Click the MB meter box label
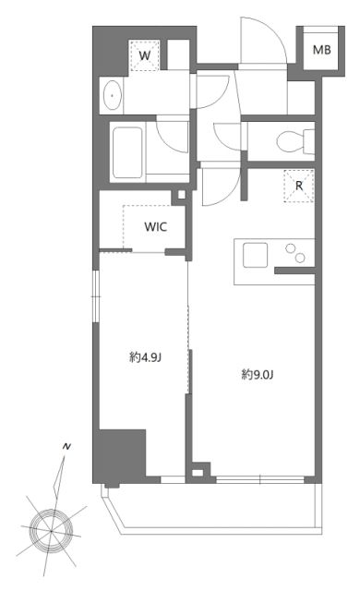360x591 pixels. coord(322,51)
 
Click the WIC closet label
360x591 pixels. coord(155,226)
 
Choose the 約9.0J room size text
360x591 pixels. coord(258,374)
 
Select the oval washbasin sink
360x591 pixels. coord(113,93)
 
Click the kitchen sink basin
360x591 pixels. coord(256,251)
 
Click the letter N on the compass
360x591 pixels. coord(66,447)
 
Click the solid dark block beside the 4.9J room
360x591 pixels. coord(123,456)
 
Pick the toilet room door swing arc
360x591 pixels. coord(226,139)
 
